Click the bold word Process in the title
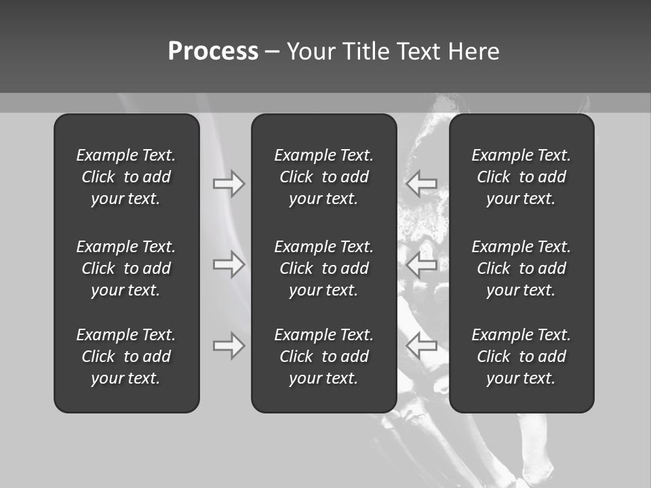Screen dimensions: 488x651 pyautogui.click(x=213, y=52)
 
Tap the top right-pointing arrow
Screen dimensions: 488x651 pyautogui.click(x=229, y=184)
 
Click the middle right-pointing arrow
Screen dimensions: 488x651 pyautogui.click(x=229, y=264)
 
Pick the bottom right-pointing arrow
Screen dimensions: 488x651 pyautogui.click(x=229, y=346)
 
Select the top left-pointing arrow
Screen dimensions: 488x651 pyautogui.click(x=422, y=184)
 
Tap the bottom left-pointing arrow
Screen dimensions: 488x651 pyautogui.click(x=422, y=346)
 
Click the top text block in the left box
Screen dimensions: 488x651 pyautogui.click(x=126, y=177)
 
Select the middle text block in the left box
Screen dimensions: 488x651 pyautogui.click(x=126, y=268)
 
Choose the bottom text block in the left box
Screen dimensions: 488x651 pyautogui.click(x=126, y=357)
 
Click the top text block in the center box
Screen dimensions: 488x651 pyautogui.click(x=323, y=177)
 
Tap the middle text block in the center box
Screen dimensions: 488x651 pyautogui.click(x=323, y=268)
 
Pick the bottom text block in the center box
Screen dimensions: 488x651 pyautogui.click(x=323, y=357)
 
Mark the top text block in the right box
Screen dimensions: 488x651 pyautogui.click(x=521, y=177)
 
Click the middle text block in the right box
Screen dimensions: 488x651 pyautogui.click(x=521, y=268)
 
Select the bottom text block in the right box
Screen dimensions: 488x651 pyautogui.click(x=521, y=357)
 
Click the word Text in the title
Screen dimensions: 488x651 pyautogui.click(x=418, y=52)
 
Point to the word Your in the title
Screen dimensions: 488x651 pyautogui.click(x=311, y=52)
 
